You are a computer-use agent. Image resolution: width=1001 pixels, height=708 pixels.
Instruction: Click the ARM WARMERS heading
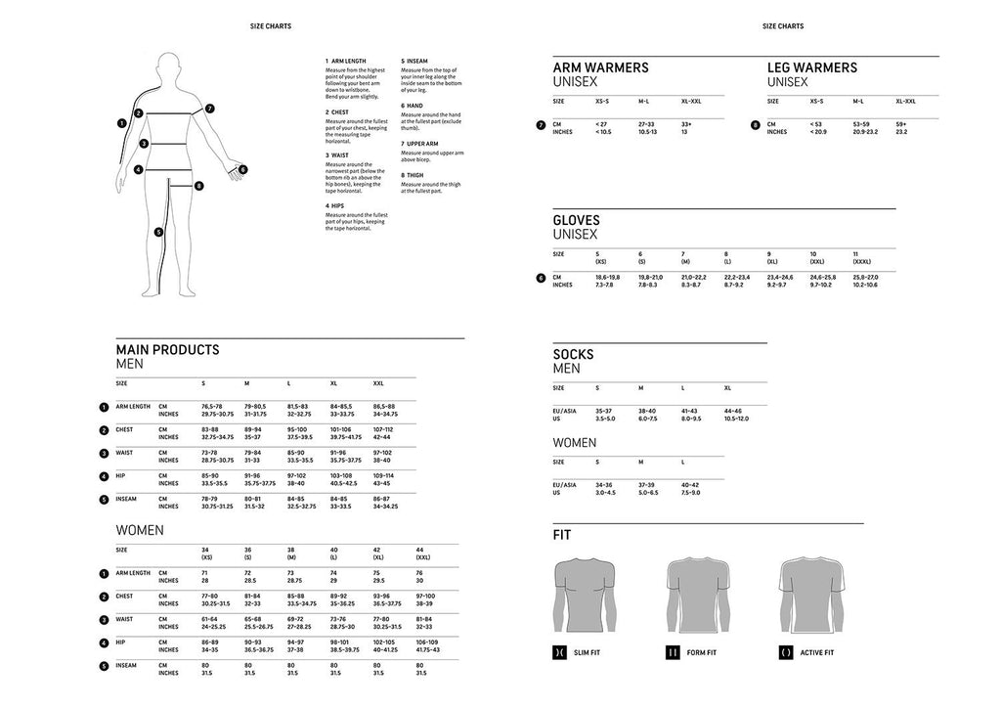(x=600, y=67)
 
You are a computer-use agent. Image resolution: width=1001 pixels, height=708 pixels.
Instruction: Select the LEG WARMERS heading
(x=812, y=67)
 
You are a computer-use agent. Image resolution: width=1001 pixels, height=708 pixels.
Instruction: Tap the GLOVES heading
(x=577, y=220)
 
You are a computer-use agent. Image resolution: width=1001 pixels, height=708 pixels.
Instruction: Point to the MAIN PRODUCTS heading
(x=167, y=349)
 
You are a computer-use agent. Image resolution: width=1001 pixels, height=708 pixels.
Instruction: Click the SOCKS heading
(x=573, y=354)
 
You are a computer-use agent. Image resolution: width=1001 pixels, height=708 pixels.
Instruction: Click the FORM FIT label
(x=702, y=652)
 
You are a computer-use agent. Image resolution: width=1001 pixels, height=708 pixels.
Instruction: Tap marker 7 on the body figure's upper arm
(x=209, y=109)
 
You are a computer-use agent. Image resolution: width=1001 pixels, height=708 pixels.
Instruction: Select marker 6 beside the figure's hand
(x=242, y=169)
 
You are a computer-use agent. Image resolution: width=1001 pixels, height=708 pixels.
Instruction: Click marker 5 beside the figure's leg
(x=158, y=232)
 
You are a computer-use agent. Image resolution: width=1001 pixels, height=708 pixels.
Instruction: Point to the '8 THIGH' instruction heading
(x=414, y=175)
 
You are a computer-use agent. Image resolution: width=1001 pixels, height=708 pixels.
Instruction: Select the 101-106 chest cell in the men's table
(x=341, y=428)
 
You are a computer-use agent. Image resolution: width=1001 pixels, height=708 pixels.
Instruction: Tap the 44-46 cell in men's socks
(x=733, y=411)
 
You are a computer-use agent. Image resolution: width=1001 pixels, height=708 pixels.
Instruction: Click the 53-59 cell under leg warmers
(x=861, y=124)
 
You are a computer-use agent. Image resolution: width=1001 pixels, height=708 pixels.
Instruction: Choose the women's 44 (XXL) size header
(x=421, y=553)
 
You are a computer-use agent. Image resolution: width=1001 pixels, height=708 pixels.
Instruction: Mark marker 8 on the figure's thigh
(x=198, y=186)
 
